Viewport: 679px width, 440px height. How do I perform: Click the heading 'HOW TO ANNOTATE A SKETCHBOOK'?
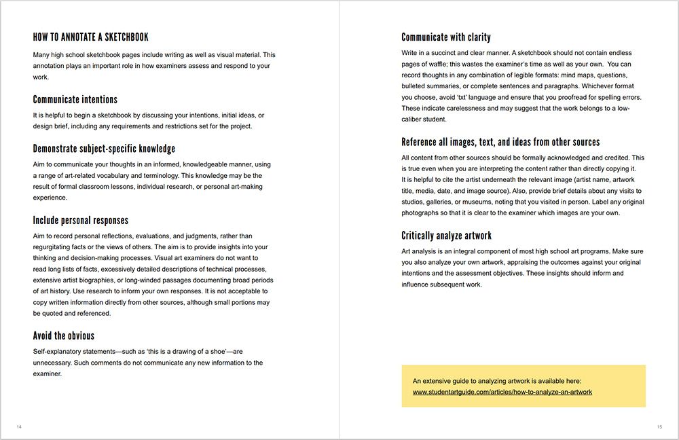pyautogui.click(x=90, y=37)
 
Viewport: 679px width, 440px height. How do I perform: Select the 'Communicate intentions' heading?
pyautogui.click(x=75, y=100)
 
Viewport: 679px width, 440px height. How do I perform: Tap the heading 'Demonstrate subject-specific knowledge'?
pyautogui.click(x=104, y=149)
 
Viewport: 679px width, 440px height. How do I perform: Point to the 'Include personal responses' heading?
pyautogui.click(x=80, y=220)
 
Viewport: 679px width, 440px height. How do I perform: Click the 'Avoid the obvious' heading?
pyautogui.click(x=63, y=335)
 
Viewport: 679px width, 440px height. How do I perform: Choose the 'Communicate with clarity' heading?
pyautogui.click(x=445, y=37)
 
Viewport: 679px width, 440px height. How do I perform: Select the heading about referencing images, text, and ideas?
pyautogui.click(x=500, y=142)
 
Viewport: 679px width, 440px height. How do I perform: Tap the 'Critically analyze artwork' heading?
pyautogui.click(x=446, y=236)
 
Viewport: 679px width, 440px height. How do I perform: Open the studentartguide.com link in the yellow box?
pyautogui.click(x=502, y=392)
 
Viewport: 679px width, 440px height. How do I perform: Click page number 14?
pyautogui.click(x=19, y=426)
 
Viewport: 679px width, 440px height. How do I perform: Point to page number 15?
pyautogui.click(x=659, y=426)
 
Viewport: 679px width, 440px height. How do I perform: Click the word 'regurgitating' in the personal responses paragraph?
pyautogui.click(x=54, y=247)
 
